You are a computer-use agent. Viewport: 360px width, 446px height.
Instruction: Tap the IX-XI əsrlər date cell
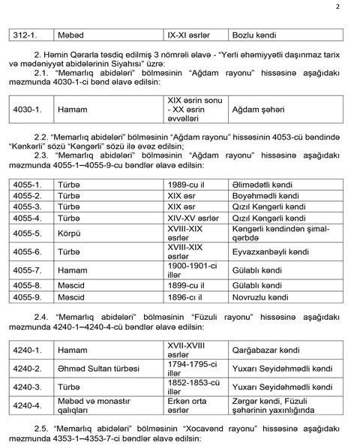point(191,35)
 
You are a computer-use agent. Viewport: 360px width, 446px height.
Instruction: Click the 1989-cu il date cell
point(190,184)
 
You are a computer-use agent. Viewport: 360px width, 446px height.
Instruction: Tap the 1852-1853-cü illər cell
point(192,387)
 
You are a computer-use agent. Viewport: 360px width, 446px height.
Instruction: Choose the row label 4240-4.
point(28,405)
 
